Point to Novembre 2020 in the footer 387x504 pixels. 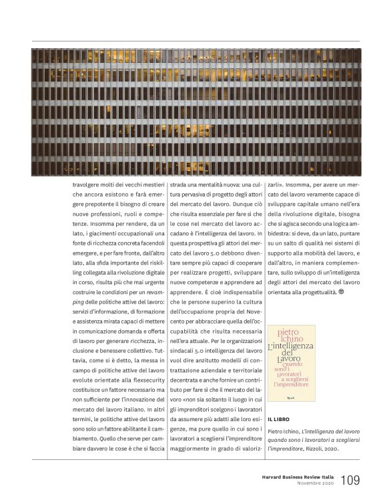(x=315, y=484)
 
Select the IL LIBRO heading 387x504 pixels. (x=278, y=419)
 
